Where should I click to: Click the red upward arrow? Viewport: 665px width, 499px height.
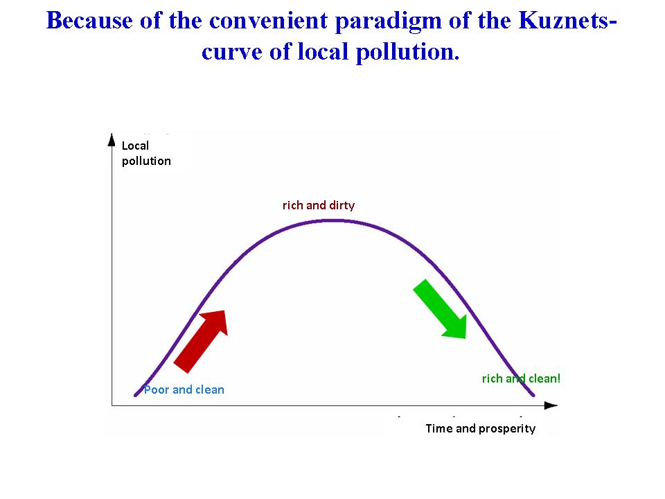coord(201,342)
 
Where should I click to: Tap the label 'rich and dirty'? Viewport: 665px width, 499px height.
coord(319,206)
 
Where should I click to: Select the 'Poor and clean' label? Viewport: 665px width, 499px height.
coord(184,389)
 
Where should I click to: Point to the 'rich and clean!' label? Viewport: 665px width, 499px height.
coord(521,378)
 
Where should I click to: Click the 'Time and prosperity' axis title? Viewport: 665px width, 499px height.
coord(481,428)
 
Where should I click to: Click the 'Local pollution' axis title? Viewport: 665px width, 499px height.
coord(146,153)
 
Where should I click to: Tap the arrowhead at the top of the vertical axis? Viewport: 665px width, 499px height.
coord(112,139)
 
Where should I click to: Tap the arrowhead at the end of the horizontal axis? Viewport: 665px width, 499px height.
coord(551,405)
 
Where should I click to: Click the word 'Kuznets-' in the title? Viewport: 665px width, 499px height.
coord(567,20)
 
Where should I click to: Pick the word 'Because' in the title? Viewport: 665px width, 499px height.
coord(89,20)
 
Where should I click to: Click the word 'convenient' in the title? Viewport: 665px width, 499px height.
coord(269,20)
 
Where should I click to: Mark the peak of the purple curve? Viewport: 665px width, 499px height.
coord(335,220)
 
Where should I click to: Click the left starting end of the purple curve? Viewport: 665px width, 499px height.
coord(136,395)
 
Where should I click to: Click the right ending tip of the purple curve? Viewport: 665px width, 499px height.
coord(533,395)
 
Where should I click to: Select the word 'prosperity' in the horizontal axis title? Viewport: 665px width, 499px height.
coord(507,429)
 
